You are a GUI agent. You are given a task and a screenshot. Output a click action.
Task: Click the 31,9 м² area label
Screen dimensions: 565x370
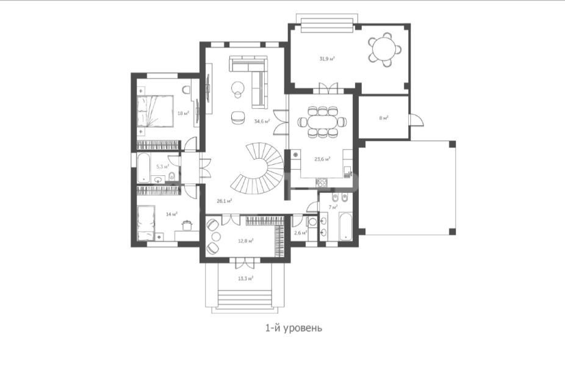click(327, 59)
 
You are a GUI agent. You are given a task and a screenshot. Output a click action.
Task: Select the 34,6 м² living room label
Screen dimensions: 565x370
click(262, 122)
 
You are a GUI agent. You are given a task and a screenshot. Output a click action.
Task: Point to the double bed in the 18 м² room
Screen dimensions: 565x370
click(155, 111)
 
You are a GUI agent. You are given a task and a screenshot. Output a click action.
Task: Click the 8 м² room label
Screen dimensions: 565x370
click(383, 118)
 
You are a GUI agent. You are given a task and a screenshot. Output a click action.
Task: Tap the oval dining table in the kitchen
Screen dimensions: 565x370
click(323, 122)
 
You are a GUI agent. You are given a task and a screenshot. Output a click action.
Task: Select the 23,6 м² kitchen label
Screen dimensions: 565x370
click(323, 159)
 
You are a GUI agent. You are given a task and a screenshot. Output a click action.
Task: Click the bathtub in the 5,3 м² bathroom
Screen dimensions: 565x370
click(144, 168)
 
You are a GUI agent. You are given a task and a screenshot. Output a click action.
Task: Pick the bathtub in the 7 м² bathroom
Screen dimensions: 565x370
click(346, 226)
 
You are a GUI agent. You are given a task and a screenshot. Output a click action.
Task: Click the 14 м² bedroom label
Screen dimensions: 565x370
click(171, 214)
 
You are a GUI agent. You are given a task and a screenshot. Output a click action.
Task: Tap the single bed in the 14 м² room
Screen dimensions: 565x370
click(146, 222)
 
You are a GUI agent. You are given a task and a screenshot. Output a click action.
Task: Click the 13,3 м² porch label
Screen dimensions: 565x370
click(245, 278)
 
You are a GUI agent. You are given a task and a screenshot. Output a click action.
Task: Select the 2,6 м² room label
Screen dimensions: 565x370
click(301, 233)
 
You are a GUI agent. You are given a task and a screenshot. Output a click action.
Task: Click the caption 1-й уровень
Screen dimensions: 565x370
click(293, 328)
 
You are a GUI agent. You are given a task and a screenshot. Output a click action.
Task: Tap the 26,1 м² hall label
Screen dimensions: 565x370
click(224, 201)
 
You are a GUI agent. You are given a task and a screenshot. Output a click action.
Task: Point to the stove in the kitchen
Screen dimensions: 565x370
click(322, 182)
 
